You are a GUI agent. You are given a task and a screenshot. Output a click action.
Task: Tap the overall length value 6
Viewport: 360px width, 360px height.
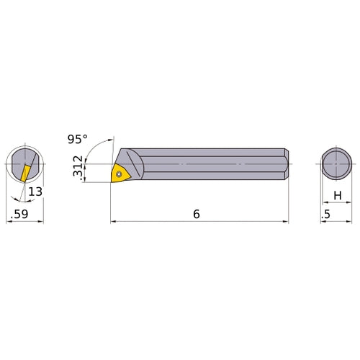196,214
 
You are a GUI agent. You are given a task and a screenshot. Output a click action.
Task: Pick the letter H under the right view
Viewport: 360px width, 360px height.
336,194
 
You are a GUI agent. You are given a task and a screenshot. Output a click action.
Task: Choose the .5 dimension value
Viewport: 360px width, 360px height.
328,214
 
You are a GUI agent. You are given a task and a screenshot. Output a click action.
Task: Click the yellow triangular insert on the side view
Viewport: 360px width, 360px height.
119,174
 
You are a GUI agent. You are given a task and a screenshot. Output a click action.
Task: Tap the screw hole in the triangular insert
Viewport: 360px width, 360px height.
120,173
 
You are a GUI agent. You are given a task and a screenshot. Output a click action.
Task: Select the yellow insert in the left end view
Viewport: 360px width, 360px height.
25,172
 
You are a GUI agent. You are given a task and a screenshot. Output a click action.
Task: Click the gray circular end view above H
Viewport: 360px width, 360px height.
336,163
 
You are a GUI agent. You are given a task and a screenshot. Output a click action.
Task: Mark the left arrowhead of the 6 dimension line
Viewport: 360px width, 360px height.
113,222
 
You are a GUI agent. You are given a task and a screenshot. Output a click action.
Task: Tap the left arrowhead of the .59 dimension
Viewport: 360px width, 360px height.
9,222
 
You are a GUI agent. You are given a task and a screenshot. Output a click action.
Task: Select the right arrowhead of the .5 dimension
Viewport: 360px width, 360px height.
351,222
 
